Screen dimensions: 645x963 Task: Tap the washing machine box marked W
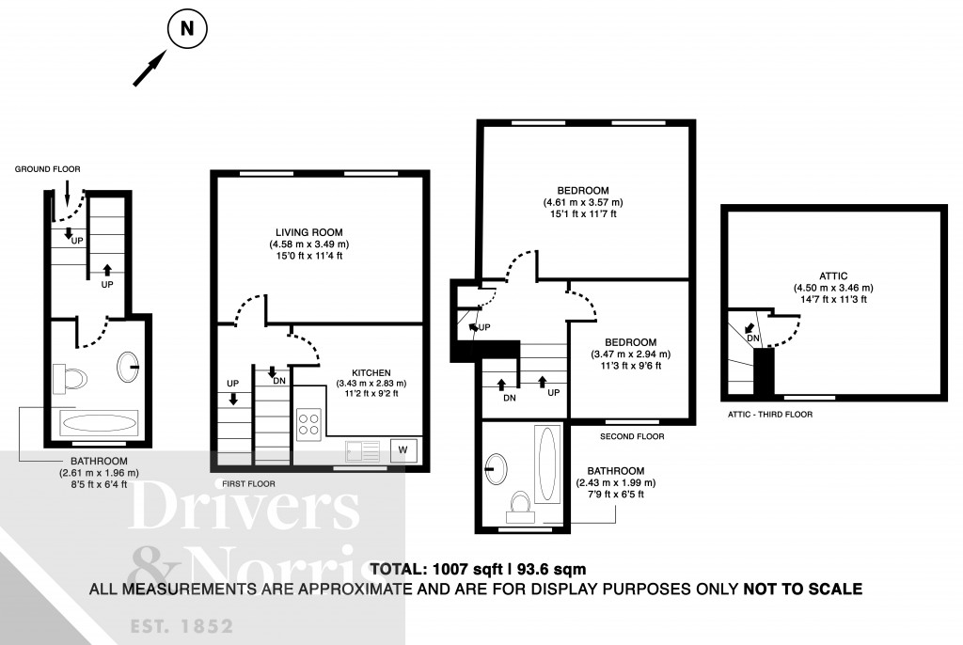point(403,449)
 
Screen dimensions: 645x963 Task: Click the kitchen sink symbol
point(362,450)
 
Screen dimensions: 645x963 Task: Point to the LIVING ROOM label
point(308,232)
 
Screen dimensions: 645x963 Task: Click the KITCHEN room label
point(371,372)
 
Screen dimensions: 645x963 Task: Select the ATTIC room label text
point(833,276)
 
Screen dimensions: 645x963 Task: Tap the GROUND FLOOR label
point(47,169)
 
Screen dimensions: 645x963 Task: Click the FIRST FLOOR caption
point(241,483)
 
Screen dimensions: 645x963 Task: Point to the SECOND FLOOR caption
point(632,436)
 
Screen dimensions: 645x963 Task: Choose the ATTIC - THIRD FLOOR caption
point(769,414)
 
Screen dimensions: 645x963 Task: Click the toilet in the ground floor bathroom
point(71,378)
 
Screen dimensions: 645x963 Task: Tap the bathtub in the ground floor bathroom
point(97,422)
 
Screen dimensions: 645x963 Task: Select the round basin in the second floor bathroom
point(497,467)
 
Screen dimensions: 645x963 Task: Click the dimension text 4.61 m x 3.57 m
point(582,202)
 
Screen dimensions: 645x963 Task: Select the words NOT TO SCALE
point(802,590)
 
